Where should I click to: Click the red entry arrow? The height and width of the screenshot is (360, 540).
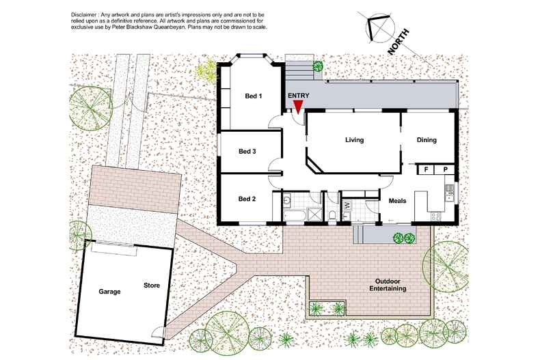coord(298,107)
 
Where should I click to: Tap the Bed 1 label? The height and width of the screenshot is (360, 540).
coord(254,96)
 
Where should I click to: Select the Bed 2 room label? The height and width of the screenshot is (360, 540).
coord(247,199)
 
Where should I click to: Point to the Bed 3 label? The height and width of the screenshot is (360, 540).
coord(247,152)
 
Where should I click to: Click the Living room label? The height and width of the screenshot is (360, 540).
coord(354,140)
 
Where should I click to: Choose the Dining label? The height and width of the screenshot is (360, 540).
coord(427,140)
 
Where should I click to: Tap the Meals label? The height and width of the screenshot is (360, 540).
coord(397,201)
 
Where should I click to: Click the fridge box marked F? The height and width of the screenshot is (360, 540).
coord(426,169)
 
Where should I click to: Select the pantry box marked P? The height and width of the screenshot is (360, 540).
coord(445,169)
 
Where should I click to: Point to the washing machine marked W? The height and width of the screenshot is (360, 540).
coord(347,206)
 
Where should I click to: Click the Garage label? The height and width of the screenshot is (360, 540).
coord(109,292)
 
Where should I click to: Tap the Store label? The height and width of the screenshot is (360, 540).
coord(152,286)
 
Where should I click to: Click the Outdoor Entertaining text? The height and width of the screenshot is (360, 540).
coord(388,285)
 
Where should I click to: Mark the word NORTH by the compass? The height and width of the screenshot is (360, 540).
coord(399,42)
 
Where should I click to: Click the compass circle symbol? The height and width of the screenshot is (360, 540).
coord(380,27)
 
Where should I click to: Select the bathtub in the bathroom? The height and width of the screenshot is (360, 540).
coord(295,215)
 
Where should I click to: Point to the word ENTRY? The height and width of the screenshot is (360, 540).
coord(299,96)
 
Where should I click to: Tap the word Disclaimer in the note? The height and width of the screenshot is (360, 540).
coord(83,15)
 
